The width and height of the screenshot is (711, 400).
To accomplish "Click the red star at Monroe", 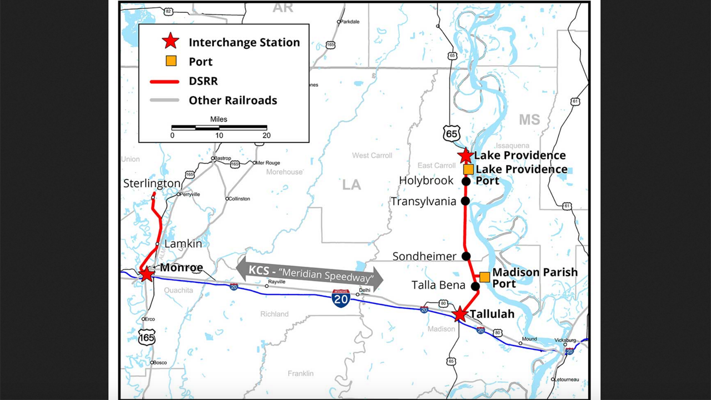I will (147, 274).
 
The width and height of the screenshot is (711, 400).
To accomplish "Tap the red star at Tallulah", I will (460, 314).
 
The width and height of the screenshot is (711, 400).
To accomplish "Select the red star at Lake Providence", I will (465, 156).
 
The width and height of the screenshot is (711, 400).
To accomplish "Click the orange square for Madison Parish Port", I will (484, 277).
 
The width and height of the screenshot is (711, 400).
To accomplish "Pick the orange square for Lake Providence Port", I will (468, 169).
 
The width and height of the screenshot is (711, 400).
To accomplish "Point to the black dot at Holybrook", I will (466, 181).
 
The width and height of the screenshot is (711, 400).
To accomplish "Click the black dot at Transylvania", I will (465, 201).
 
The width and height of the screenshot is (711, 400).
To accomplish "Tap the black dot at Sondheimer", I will (466, 256).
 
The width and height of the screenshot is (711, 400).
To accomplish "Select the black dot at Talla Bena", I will (475, 286).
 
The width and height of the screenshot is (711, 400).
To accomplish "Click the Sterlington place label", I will (152, 183).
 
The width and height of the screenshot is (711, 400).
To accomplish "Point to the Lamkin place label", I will (183, 243).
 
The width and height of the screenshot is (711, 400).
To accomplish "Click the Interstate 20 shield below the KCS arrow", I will (341, 299).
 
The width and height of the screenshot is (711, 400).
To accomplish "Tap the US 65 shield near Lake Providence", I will (451, 133).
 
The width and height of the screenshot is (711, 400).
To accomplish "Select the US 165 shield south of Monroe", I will (147, 337).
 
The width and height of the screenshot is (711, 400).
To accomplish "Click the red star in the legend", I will (171, 42).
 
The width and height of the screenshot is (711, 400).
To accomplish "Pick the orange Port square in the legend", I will (171, 61).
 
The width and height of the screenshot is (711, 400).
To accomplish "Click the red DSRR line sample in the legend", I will (164, 81).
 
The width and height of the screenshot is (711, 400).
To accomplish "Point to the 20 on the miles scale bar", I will (266, 136).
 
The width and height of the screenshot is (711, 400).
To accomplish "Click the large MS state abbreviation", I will (529, 120).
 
